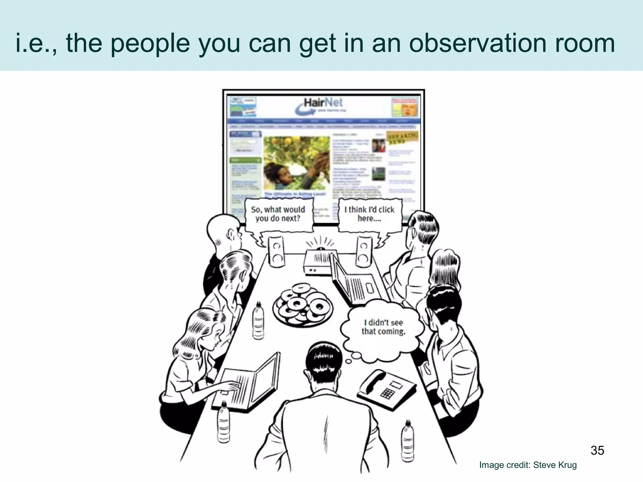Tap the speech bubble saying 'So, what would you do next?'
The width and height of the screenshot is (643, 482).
(x=278, y=214)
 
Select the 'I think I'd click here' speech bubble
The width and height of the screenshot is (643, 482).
(x=369, y=214)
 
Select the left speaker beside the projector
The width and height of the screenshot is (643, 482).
(x=276, y=252)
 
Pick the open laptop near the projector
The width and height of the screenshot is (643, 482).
(x=355, y=282)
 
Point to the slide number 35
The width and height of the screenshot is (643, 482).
(x=597, y=450)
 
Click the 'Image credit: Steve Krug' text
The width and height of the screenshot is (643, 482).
(x=528, y=465)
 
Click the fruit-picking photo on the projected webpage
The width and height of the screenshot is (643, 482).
(x=296, y=163)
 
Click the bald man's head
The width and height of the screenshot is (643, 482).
(x=223, y=229)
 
